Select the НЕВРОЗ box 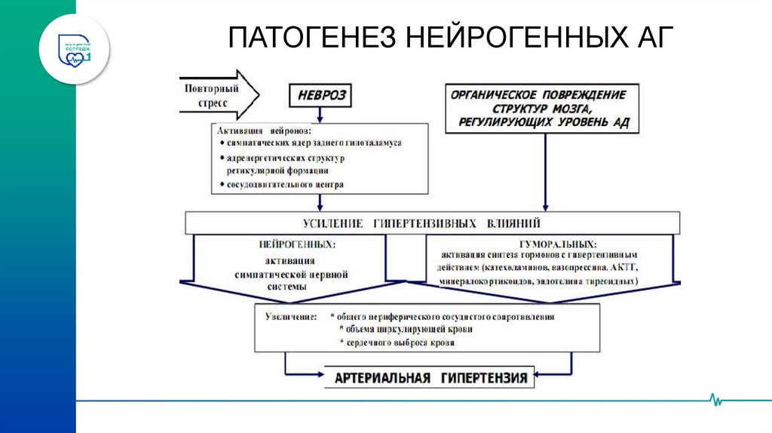(x=320, y=97)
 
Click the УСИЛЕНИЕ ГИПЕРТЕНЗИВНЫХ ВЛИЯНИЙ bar (x=433, y=223)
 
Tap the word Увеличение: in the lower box (x=291, y=317)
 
